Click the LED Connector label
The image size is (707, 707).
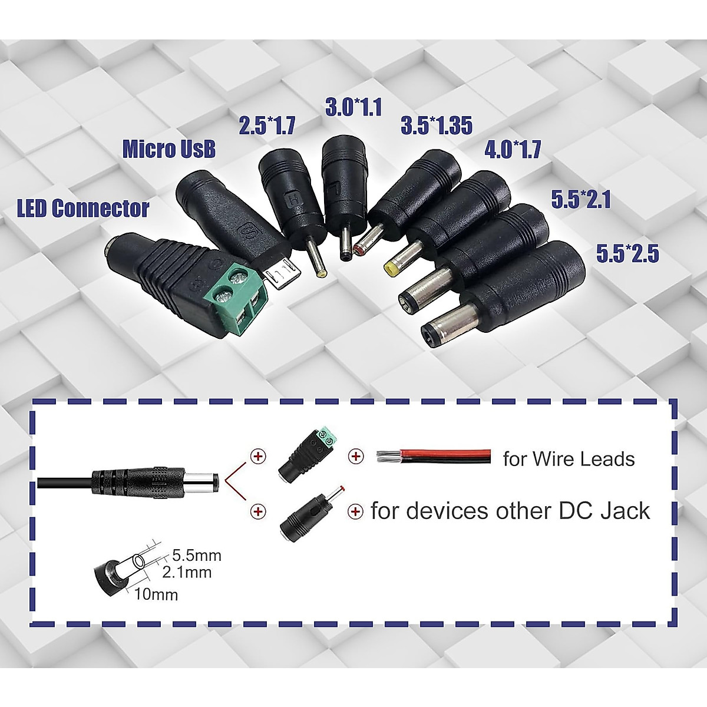tap(83, 209)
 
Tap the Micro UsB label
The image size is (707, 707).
tap(169, 149)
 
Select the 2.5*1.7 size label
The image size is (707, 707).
tap(267, 126)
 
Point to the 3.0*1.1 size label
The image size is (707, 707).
tap(353, 107)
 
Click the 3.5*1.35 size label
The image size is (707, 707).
tap(437, 125)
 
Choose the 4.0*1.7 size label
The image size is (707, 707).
tap(513, 150)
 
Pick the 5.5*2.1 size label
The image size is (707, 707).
tap(581, 200)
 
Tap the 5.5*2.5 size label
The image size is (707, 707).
tap(627, 254)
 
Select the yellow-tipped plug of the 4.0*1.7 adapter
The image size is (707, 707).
tap(390, 269)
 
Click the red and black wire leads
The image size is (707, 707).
tap(433, 456)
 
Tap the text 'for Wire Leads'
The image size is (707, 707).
tap(569, 459)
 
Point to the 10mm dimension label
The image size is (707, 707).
tap(156, 594)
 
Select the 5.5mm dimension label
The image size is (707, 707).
tap(197, 555)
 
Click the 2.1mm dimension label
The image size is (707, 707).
tap(186, 571)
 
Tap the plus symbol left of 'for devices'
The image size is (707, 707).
tap(356, 511)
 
